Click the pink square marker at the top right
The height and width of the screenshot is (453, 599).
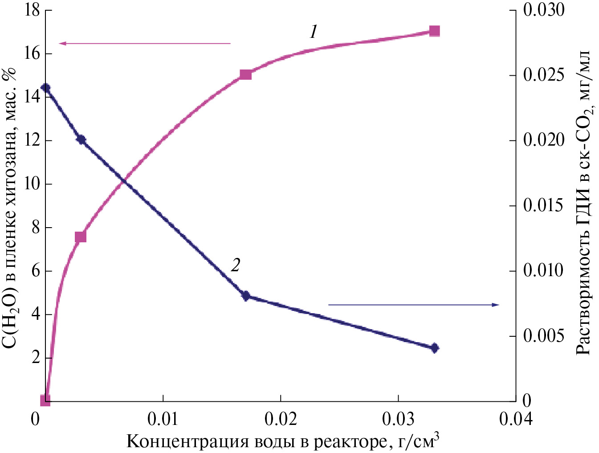(x=435, y=31)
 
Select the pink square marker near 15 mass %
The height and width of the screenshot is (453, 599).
(x=245, y=74)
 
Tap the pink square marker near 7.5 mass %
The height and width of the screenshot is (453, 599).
(x=80, y=237)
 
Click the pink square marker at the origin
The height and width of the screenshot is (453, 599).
(x=45, y=400)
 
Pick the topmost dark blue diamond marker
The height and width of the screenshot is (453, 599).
(x=45, y=88)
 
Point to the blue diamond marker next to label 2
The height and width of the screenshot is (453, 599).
(x=245, y=295)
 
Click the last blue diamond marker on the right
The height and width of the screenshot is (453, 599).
(x=435, y=348)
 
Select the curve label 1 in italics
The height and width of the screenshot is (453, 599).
(x=314, y=32)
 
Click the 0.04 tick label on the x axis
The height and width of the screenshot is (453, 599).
(x=515, y=419)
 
